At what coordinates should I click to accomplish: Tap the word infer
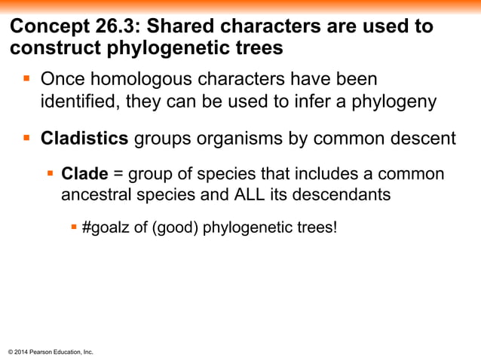coord(315,102)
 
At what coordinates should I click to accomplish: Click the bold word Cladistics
coord(84,139)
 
